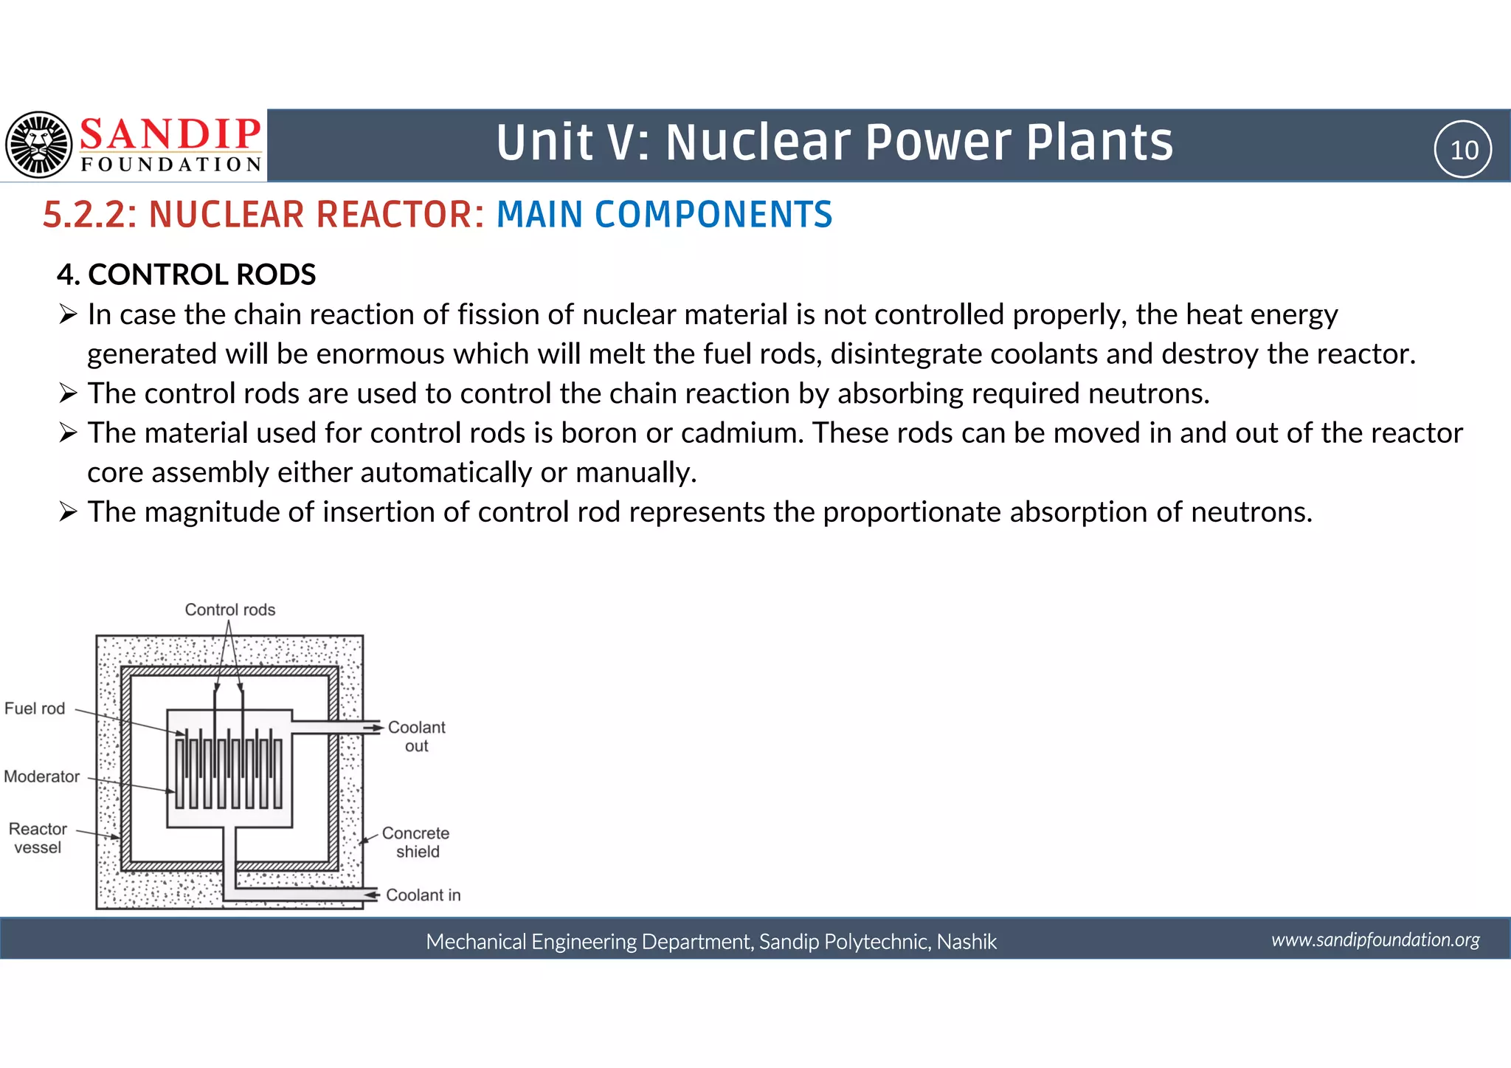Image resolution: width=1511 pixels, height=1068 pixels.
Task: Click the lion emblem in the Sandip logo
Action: [39, 145]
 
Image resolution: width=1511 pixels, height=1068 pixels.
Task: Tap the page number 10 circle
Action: [1463, 150]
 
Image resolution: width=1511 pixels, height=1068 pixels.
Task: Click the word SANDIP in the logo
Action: [170, 134]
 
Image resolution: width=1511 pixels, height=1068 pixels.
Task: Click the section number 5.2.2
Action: [89, 215]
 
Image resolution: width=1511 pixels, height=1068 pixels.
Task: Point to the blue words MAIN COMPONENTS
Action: [664, 215]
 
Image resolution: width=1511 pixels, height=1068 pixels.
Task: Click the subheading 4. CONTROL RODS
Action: [187, 275]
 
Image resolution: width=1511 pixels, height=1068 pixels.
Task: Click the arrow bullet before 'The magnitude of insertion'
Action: [68, 511]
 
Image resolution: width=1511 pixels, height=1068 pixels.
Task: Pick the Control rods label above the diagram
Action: [229, 610]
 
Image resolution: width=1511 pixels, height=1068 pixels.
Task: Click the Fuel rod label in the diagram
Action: [35, 709]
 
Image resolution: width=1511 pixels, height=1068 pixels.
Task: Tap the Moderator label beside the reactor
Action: [41, 776]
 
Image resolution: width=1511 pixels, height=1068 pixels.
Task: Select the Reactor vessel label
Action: [38, 838]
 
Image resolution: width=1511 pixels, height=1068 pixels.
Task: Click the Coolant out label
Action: [416, 736]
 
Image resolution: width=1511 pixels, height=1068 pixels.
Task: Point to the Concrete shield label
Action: [416, 842]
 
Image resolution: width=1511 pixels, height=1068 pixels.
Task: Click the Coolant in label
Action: [423, 895]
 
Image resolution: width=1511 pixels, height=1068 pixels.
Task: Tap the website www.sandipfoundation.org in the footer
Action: [1375, 940]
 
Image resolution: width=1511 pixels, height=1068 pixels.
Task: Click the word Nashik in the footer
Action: [967, 942]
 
